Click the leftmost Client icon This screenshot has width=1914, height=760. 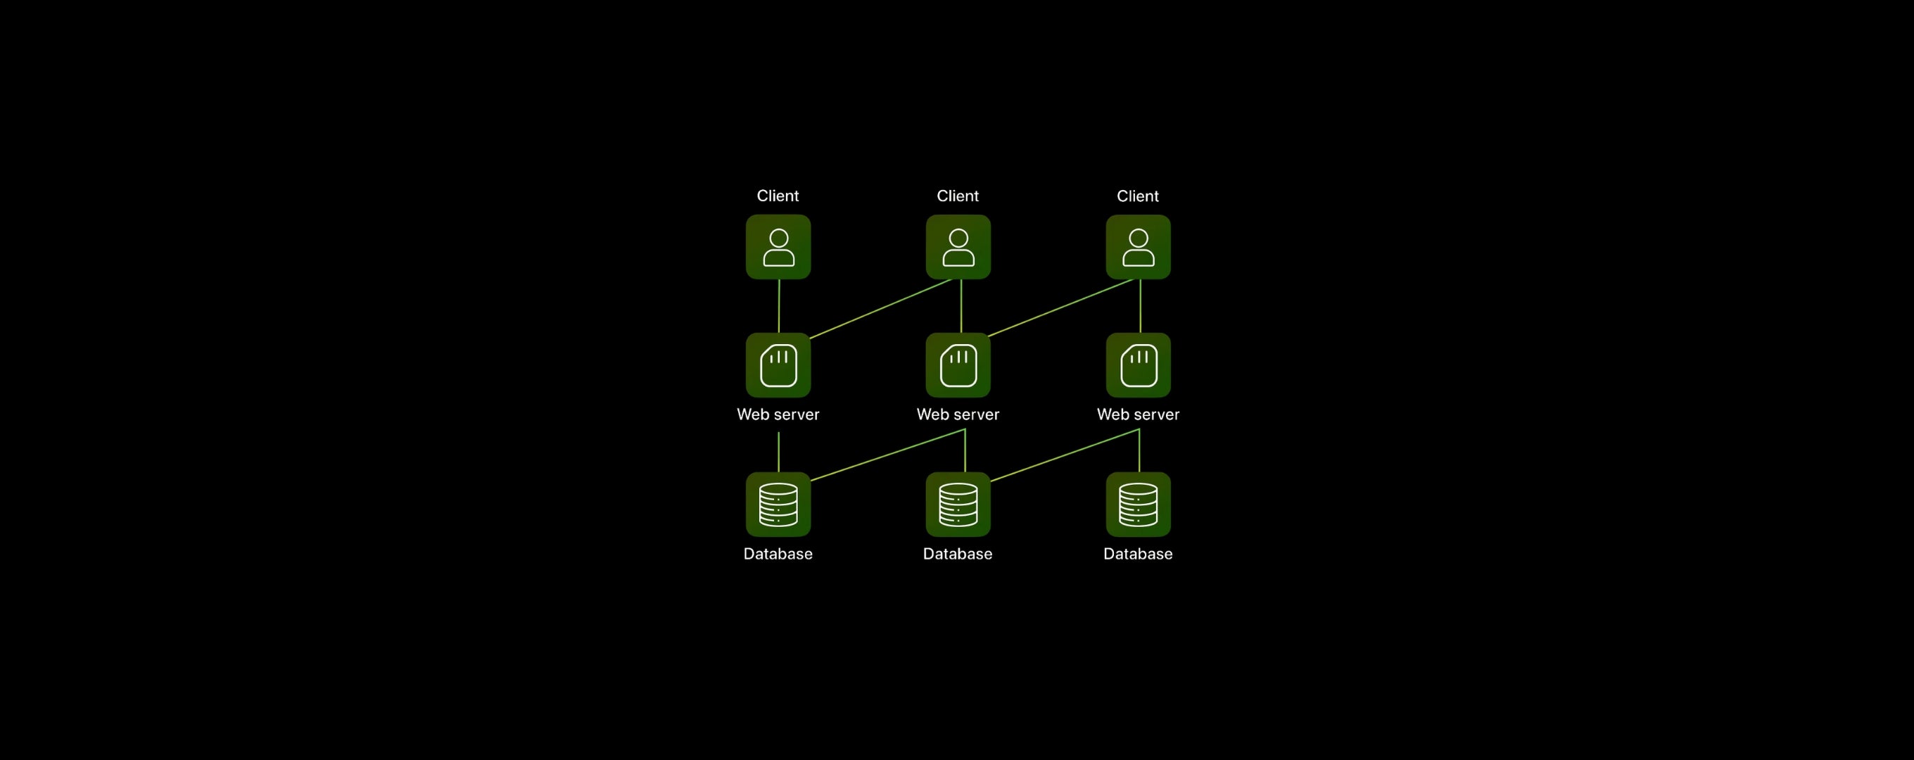[778, 246]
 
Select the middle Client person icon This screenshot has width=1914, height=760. [958, 246]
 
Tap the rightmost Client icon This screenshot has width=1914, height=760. [1138, 246]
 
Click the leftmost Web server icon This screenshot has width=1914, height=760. [778, 365]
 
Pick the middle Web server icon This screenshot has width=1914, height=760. [958, 365]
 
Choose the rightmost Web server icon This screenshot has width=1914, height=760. [1138, 365]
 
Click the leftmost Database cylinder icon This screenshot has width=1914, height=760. [778, 505]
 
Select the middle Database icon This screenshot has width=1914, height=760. [958, 505]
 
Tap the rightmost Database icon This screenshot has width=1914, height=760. [1138, 505]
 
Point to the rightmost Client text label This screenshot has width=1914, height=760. [1138, 196]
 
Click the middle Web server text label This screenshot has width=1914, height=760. [958, 414]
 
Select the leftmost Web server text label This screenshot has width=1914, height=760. [778, 414]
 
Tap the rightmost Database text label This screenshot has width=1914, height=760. [1138, 554]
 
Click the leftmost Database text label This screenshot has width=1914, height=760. [778, 554]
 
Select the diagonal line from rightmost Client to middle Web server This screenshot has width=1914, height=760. [1061, 308]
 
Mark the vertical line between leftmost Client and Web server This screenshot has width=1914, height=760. [779, 306]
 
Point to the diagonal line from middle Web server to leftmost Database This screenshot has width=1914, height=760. [888, 455]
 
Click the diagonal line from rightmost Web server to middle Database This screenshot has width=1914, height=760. [1065, 455]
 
